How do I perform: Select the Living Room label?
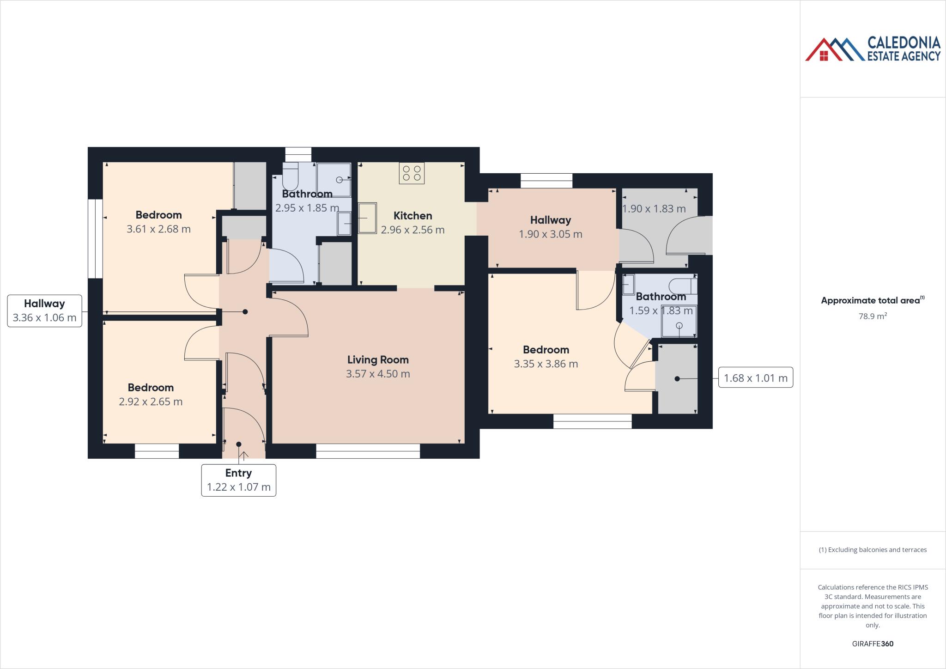378,359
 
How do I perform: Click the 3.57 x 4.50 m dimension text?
378,374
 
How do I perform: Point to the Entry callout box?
238,480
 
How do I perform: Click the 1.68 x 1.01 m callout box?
755,378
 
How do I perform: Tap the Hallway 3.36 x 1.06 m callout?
44,310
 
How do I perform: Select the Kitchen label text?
412,216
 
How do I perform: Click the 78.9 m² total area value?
872,316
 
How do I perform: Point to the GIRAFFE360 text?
873,644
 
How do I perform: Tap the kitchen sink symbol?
367,218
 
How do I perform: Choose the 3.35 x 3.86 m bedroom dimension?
546,364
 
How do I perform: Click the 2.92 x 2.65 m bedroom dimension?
151,401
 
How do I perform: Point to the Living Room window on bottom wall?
368,451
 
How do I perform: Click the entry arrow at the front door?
244,455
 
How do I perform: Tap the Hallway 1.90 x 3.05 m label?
550,227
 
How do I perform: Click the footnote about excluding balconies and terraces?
873,550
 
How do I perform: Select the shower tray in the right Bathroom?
679,321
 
